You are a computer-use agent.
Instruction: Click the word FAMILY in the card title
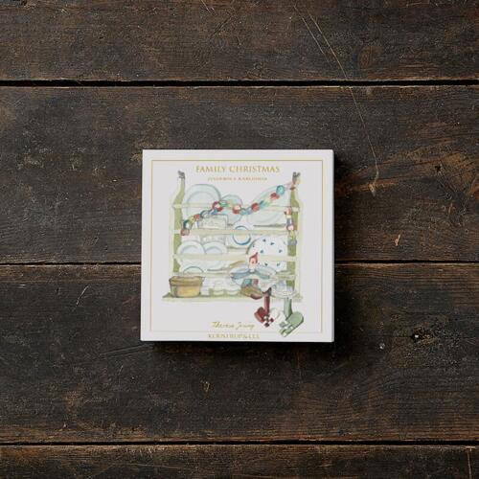coord(212,169)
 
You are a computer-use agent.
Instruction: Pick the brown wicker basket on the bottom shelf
coord(186,285)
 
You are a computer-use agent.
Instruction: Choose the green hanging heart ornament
coord(290,324)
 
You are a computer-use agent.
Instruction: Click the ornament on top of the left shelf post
coord(180,176)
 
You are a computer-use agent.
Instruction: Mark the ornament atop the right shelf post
coord(296,178)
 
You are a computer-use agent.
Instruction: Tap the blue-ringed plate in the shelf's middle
coord(239,236)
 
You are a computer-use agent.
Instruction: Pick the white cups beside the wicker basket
coord(217,285)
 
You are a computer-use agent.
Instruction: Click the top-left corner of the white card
coord(143,150)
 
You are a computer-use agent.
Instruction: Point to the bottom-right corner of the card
coord(333,341)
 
